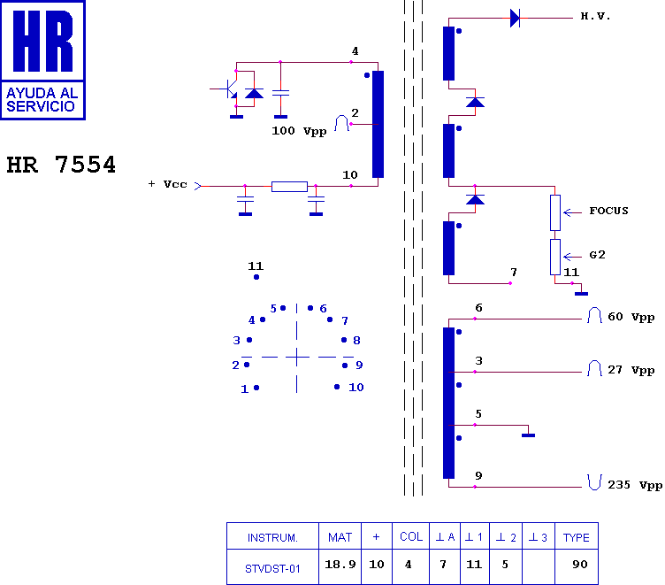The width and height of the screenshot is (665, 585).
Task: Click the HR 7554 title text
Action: point(61,165)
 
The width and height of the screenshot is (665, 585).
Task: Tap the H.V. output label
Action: point(595,17)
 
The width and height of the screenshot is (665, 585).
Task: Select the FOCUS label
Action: point(608,211)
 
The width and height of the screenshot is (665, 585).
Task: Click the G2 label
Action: point(597,255)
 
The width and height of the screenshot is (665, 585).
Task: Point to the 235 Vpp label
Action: point(635,485)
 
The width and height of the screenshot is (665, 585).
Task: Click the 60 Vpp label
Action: point(631,317)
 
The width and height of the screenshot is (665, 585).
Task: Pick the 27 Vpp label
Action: point(631,370)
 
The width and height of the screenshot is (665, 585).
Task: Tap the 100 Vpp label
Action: point(299,131)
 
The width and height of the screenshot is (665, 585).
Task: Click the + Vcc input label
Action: point(167,184)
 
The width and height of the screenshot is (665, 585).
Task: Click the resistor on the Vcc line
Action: point(289,187)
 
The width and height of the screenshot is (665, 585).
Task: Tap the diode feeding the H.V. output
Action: point(515,19)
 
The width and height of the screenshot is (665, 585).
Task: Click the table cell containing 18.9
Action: point(340,564)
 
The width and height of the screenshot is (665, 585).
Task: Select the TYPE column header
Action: point(577,537)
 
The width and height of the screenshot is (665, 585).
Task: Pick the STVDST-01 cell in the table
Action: point(272,568)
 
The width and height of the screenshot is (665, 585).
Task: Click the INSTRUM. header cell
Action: point(272,538)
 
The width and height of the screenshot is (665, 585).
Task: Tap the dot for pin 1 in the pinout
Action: point(256,388)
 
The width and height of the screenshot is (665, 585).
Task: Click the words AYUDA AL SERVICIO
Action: point(42,100)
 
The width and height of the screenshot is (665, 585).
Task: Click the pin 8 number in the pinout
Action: point(356,341)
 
